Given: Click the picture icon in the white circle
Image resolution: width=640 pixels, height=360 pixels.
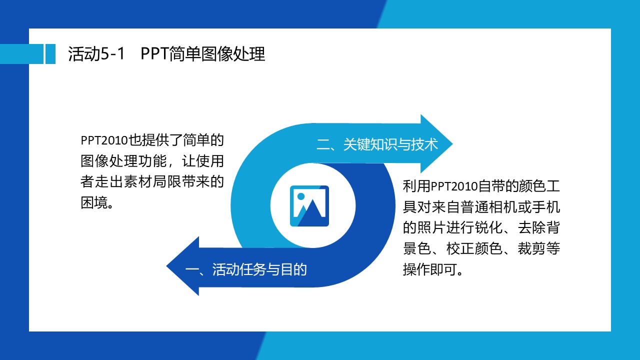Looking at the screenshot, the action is click(x=309, y=205).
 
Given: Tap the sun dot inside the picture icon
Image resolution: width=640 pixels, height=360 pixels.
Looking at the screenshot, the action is click(x=300, y=196).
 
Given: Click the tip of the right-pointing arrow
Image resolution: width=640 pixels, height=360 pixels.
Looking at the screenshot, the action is click(x=452, y=143).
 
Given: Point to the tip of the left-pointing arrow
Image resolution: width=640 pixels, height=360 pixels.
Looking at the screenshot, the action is click(x=166, y=266).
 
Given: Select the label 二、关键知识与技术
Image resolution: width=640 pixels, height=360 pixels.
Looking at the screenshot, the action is click(x=377, y=144).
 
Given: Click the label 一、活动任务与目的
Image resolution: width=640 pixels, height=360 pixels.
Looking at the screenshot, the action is click(x=246, y=269).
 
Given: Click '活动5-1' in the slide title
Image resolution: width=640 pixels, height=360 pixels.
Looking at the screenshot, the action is click(x=96, y=53).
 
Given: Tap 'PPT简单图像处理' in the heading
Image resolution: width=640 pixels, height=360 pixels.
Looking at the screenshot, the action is click(x=203, y=53).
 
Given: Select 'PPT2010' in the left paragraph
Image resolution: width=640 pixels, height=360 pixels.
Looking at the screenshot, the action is click(x=104, y=140).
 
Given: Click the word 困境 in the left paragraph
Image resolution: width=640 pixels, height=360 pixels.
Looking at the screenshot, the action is click(x=95, y=202).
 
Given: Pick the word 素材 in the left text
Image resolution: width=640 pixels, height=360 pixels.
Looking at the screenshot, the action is click(x=138, y=181).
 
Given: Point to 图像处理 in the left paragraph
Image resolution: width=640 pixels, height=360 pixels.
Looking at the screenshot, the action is click(x=109, y=161).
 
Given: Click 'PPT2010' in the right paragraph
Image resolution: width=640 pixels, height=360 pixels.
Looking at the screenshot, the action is click(x=453, y=186).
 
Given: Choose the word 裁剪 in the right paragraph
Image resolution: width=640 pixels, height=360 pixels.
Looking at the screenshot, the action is click(x=531, y=248).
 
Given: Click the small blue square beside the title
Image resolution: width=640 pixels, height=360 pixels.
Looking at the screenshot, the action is click(x=50, y=54).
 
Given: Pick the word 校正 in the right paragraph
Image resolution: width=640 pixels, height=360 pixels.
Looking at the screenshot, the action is click(x=460, y=248).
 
